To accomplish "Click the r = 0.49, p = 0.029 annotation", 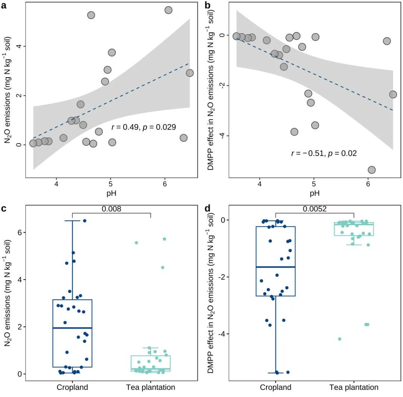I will pos(144,127).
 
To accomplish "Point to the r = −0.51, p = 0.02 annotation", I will pos(324,153).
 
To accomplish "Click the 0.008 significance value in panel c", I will pos(111,209).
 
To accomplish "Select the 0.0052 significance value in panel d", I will pos(315,209).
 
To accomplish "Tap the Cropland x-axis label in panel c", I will pos(72,387).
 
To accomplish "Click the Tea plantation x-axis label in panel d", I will pos(354,387).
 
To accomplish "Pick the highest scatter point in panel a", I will pos(168,10).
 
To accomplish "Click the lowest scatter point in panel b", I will pos(372,170).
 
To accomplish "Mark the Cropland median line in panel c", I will pos(72,328).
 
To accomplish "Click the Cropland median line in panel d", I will pos(276,267).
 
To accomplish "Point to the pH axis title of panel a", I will pos(111,193).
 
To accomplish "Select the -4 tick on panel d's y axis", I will pos(222,334).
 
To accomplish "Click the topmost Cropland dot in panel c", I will pos(85,221).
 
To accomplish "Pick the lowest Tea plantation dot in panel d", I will pos(340,339).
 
